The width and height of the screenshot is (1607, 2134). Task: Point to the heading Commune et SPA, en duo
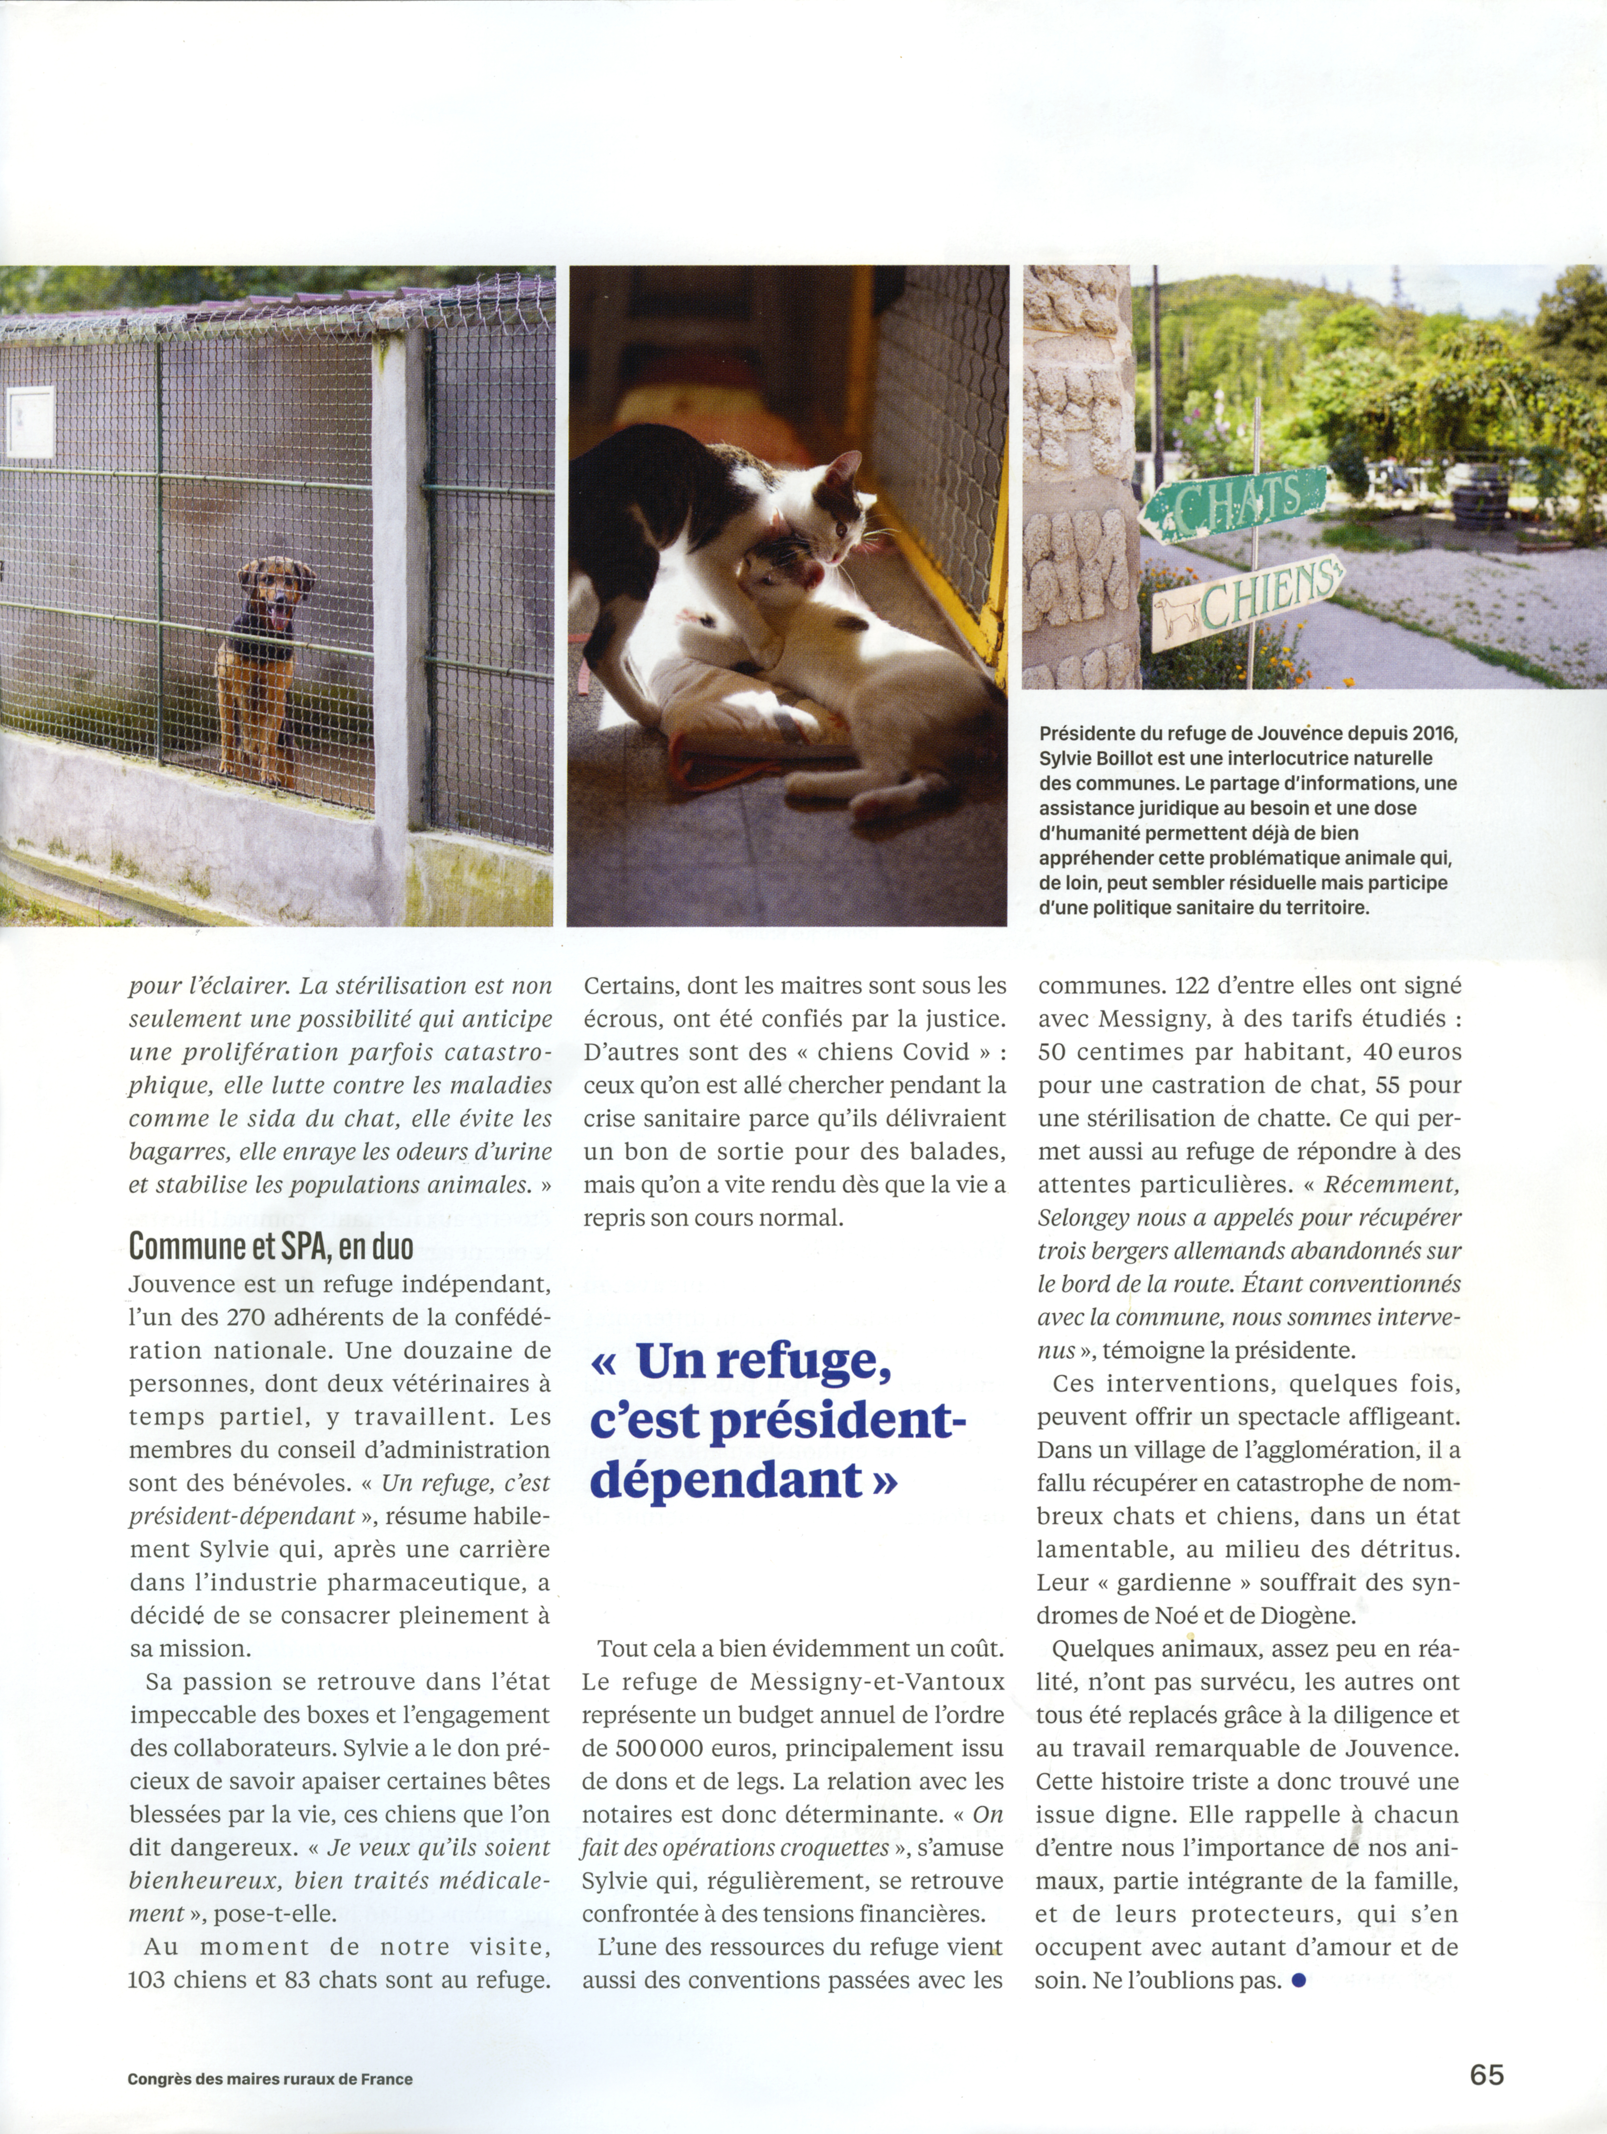(271, 1246)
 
